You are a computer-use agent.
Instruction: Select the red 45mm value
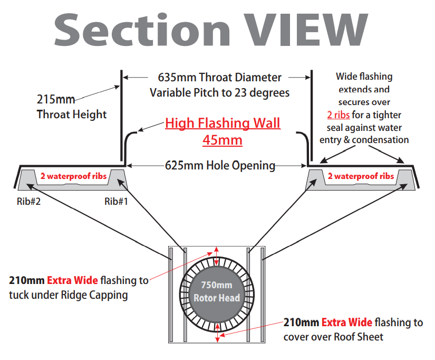pos(223,140)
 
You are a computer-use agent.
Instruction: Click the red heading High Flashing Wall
pos(223,124)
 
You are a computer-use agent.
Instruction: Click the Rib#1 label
pos(116,201)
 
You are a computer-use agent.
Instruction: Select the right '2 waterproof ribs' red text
pos(361,176)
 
